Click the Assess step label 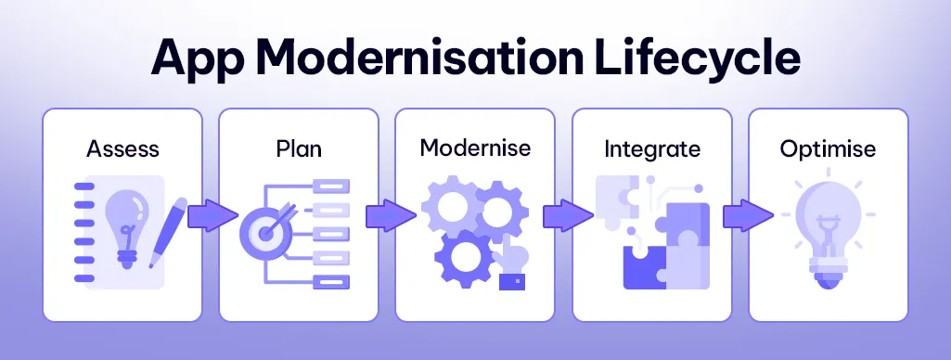tap(122, 148)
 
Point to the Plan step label tap(298, 148)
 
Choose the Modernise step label tap(475, 148)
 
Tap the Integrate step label tap(651, 148)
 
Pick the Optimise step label tap(828, 148)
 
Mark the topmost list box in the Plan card tap(329, 186)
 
